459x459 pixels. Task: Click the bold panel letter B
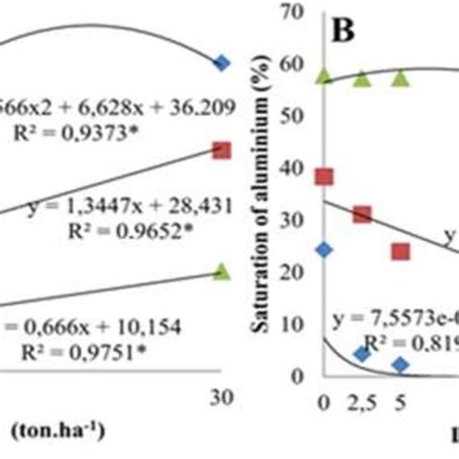pos(344,29)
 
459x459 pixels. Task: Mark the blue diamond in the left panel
pos(222,63)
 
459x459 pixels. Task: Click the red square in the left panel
pos(222,150)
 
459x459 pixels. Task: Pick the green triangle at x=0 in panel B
pos(324,75)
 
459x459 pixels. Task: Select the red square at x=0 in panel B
pos(324,176)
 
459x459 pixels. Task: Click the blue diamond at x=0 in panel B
pos(324,250)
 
